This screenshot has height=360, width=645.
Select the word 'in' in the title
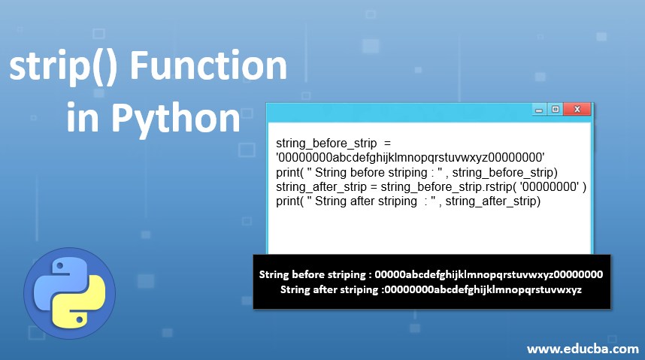coord(82,117)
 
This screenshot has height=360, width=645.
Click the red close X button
coord(577,110)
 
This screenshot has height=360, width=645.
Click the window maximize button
coord(555,110)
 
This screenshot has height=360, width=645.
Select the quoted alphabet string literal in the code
coord(410,156)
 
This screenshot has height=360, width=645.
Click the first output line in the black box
coord(430,275)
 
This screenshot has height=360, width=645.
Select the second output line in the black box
coord(430,289)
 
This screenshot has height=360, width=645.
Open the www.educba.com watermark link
coord(583,349)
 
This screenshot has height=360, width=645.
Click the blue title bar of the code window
coord(398,110)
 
